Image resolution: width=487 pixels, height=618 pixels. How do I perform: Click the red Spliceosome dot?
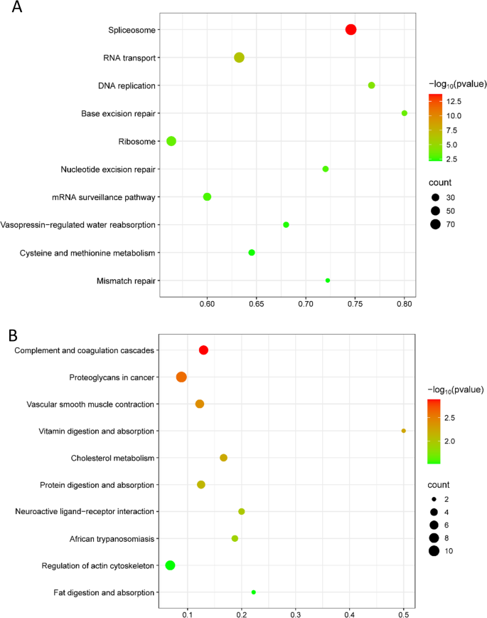coord(350,29)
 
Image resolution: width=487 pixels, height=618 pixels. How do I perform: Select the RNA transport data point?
coord(239,57)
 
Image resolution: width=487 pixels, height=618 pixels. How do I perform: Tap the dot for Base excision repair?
coord(405,113)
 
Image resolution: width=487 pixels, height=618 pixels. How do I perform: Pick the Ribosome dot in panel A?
coord(171,141)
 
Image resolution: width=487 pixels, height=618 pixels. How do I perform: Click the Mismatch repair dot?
coord(328,281)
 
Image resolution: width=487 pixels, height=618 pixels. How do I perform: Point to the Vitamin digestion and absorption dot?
coord(404,431)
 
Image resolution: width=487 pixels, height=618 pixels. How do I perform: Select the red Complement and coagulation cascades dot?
coord(203,350)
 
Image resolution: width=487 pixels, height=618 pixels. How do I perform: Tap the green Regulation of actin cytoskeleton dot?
coord(170,565)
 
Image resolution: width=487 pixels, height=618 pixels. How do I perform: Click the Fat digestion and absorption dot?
coord(254,592)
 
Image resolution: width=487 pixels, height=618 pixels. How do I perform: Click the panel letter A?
coord(15,9)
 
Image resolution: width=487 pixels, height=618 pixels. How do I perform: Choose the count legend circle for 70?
coord(435,225)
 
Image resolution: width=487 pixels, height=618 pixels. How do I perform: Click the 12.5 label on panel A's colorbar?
coord(454,100)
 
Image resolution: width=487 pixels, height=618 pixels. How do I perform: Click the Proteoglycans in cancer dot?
coord(181,377)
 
